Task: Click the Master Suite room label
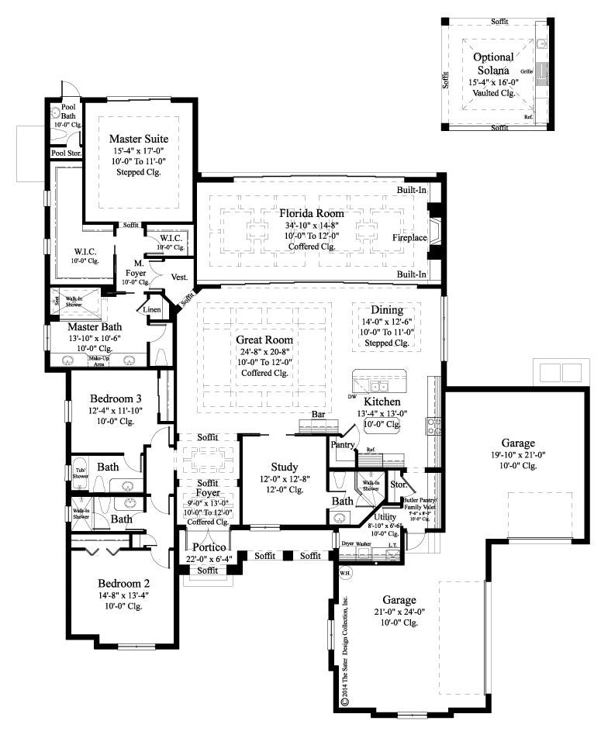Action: pyautogui.click(x=138, y=139)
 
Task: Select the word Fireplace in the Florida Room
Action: pyautogui.click(x=409, y=237)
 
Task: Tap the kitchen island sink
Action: pyautogui.click(x=379, y=386)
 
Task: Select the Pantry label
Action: pyautogui.click(x=342, y=445)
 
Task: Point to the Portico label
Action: pyautogui.click(x=209, y=547)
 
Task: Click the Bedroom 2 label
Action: pyautogui.click(x=123, y=583)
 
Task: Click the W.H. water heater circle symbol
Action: pyautogui.click(x=345, y=574)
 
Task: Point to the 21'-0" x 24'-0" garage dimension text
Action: pyautogui.click(x=399, y=611)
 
